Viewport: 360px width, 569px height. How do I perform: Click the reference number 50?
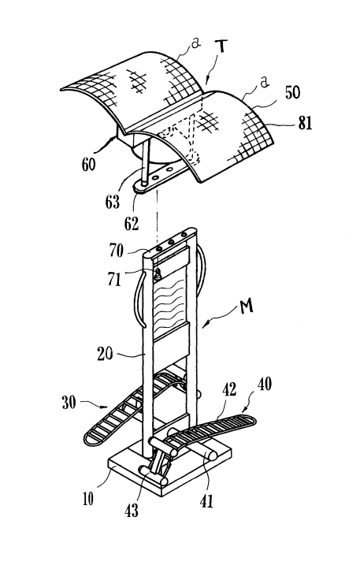[x=292, y=92]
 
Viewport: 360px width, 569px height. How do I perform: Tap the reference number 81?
[x=305, y=123]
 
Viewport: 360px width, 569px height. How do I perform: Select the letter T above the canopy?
[x=221, y=49]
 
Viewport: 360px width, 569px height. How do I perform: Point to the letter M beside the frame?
[x=247, y=307]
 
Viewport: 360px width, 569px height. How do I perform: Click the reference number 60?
[x=88, y=164]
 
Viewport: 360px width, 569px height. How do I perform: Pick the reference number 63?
[x=112, y=202]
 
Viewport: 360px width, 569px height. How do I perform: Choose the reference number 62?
[x=132, y=224]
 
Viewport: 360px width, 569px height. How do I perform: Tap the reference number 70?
[x=116, y=251]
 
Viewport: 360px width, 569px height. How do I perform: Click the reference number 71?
[x=114, y=279]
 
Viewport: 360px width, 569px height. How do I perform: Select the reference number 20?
[x=105, y=354]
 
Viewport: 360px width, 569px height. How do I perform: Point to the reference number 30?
[x=69, y=403]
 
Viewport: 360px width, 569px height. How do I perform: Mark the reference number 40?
[x=264, y=384]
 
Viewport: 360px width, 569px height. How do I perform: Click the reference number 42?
[x=229, y=389]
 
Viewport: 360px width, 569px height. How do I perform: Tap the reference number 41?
[x=206, y=502]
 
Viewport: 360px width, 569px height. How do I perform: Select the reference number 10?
[x=87, y=500]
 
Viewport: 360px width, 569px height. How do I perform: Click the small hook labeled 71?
[x=158, y=274]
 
